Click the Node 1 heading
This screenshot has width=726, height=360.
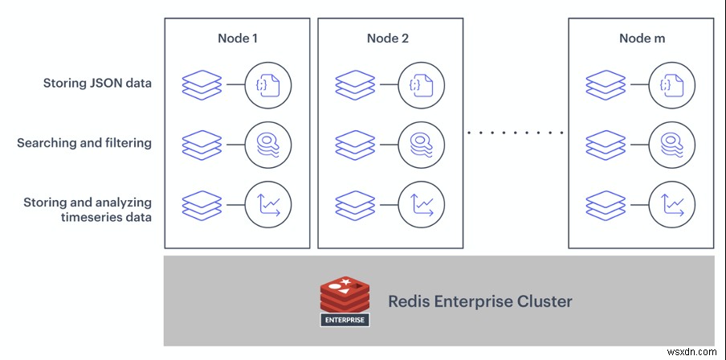pyautogui.click(x=238, y=38)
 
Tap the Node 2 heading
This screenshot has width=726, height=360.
pyautogui.click(x=390, y=38)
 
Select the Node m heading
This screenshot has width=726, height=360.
pyautogui.click(x=641, y=38)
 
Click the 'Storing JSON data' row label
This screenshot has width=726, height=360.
pyautogui.click(x=99, y=84)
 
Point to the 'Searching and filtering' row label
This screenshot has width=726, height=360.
pyautogui.click(x=84, y=143)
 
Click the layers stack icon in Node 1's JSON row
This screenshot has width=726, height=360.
pyautogui.click(x=201, y=84)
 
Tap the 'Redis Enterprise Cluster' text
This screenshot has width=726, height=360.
pyautogui.click(x=480, y=302)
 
